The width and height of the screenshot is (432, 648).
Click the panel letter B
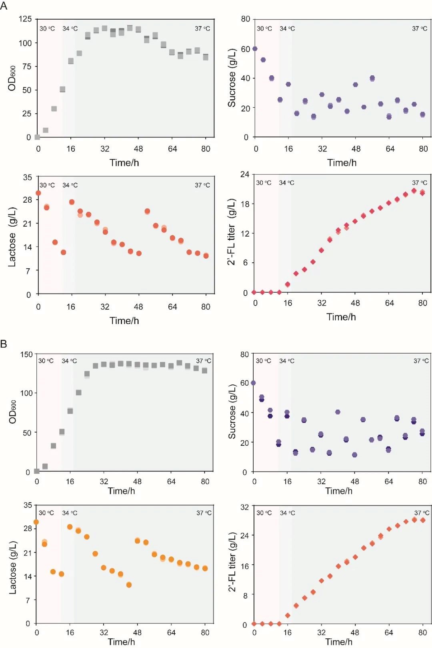[x=4, y=344]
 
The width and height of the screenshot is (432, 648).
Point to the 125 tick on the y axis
[x=25, y=19]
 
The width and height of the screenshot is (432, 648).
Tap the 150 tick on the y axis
[x=26, y=354]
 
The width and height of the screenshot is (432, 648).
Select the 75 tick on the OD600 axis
[x=27, y=66]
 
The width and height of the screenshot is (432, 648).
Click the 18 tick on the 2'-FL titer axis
[x=244, y=204]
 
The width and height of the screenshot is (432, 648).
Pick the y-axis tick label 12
[x=244, y=233]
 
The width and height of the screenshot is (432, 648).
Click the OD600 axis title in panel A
[x=12, y=78]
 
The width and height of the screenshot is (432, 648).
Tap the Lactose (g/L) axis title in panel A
[x=12, y=237]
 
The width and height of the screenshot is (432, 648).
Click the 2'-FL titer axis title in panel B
[x=232, y=562]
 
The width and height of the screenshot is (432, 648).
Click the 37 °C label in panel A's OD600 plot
[x=202, y=28]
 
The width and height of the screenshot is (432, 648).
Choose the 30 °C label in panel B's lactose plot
[x=46, y=513]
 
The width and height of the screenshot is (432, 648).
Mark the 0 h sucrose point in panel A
[x=255, y=49]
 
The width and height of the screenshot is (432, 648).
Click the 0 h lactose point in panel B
[x=36, y=522]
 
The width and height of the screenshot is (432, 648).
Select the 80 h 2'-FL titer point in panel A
[x=422, y=193]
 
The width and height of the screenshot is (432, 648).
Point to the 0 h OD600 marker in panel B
[x=37, y=471]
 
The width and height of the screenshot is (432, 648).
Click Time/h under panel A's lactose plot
[x=124, y=321]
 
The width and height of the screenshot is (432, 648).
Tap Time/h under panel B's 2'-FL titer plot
[x=339, y=642]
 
